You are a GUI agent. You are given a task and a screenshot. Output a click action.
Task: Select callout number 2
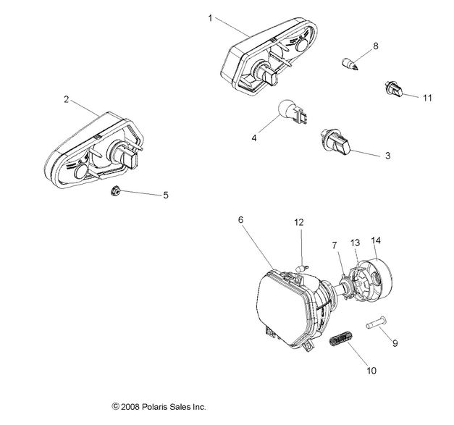(x=67, y=100)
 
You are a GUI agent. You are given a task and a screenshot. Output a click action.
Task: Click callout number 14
(x=375, y=240)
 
